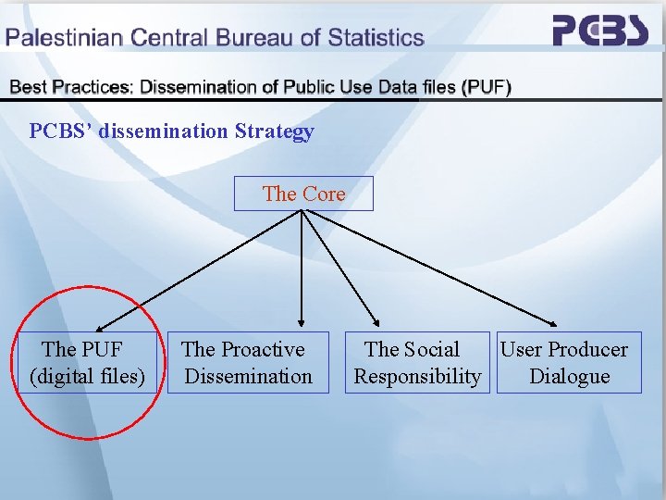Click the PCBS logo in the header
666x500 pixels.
click(600, 31)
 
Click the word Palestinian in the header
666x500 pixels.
click(66, 39)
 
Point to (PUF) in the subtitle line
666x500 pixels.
click(487, 87)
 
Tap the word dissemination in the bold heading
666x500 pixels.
click(163, 131)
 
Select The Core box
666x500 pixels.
click(303, 194)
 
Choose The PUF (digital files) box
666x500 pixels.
click(87, 362)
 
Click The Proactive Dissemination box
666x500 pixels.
click(248, 362)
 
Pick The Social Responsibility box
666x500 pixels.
click(417, 362)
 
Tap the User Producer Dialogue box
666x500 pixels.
click(568, 362)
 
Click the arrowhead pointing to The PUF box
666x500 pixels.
click(100, 324)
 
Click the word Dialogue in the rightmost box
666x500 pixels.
click(569, 377)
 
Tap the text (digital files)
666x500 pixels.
click(88, 377)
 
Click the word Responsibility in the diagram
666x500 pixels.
click(417, 377)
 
